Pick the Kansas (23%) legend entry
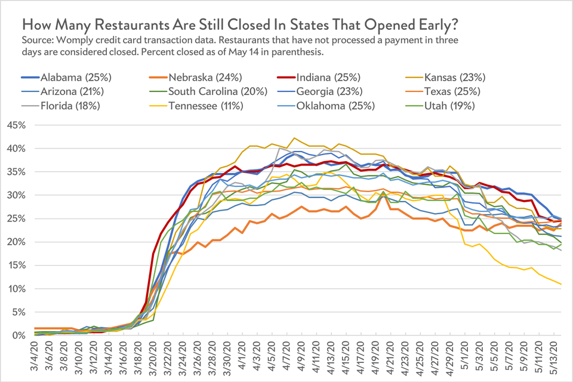coord(454,77)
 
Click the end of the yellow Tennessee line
coord(561,284)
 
